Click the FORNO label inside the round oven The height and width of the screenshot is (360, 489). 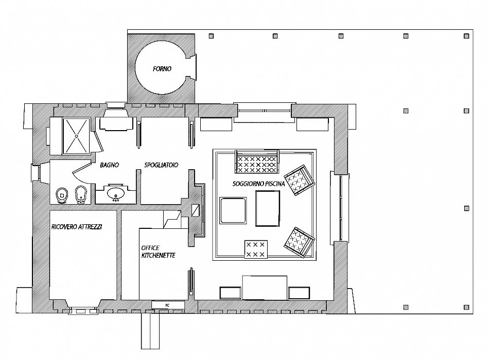click(162, 68)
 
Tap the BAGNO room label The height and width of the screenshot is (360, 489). click(110, 165)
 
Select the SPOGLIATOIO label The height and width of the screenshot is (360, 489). click(161, 165)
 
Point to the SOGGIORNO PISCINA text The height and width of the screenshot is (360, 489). click(259, 184)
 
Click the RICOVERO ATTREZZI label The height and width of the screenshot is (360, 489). click(77, 227)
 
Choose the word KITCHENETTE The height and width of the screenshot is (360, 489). click(159, 255)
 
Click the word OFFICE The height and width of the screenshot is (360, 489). click(150, 248)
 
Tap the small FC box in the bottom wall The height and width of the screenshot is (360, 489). click(167, 305)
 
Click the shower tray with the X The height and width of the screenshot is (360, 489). click(76, 136)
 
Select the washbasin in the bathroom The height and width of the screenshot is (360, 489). click(116, 193)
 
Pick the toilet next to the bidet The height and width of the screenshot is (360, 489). click(62, 195)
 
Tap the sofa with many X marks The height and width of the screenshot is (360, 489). click(257, 161)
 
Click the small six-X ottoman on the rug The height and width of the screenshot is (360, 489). click(256, 249)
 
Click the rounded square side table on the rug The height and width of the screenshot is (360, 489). click(233, 210)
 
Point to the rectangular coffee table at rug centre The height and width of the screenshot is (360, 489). click(268, 208)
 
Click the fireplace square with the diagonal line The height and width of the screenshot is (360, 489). click(196, 210)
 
